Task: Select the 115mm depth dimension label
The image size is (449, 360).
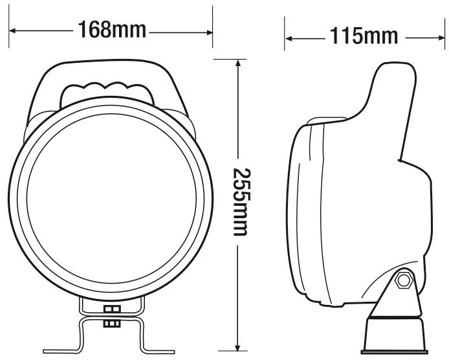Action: click(364, 36)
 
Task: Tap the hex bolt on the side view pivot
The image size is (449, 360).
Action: click(405, 280)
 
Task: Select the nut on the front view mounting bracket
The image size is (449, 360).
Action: click(112, 315)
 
